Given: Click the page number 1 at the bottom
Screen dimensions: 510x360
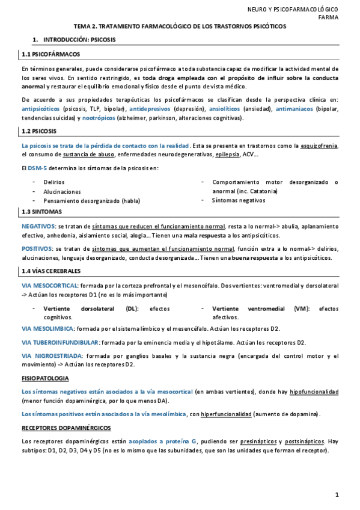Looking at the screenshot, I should (337, 494).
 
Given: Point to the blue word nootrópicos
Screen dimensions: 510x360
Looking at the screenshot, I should (84, 118).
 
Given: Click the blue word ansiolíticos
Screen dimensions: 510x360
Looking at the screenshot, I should (225, 109).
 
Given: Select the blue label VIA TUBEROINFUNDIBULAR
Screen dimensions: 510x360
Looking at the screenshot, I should (60, 342).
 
